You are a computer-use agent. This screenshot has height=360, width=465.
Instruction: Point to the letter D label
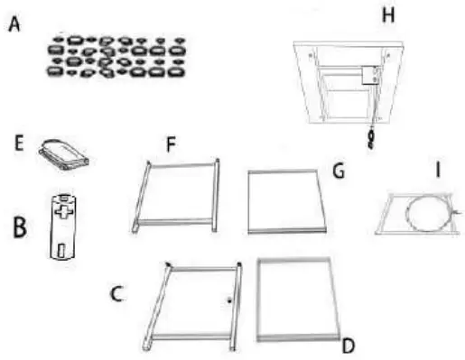click(x=349, y=346)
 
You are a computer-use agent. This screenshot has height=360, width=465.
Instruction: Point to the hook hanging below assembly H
click(x=368, y=137)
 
